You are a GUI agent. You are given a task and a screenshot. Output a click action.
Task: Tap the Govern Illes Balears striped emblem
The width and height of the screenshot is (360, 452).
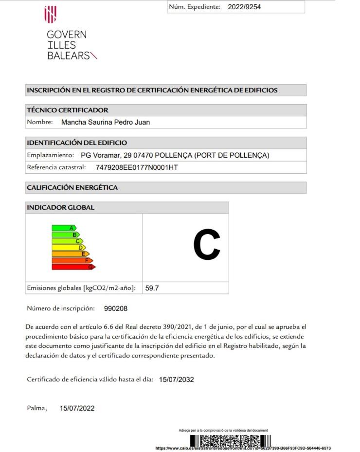(x=50, y=15)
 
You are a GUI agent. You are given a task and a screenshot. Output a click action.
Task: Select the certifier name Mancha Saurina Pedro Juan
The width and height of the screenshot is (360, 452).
(x=106, y=122)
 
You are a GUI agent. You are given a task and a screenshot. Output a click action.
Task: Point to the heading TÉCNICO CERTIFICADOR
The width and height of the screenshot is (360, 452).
(x=68, y=110)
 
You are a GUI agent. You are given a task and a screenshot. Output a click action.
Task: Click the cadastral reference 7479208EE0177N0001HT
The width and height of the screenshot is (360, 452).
(x=137, y=167)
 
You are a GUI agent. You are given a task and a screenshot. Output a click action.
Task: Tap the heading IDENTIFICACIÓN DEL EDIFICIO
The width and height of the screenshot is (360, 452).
(x=77, y=143)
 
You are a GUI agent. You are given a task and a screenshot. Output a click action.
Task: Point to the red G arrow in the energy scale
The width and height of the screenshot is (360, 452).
(x=73, y=267)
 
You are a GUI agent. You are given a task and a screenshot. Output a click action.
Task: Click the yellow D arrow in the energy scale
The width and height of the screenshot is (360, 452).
(x=69, y=247)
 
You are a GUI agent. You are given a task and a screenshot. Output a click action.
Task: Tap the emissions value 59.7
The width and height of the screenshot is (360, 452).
(x=152, y=288)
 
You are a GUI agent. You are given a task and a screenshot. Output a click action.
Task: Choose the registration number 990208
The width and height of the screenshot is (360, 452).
(x=116, y=308)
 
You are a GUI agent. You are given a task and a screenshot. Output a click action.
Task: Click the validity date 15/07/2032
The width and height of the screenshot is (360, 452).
(x=176, y=380)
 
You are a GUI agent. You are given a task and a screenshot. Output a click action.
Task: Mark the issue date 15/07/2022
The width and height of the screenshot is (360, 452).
(x=77, y=408)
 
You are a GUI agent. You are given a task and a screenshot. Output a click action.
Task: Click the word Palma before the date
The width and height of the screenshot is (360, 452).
(x=36, y=408)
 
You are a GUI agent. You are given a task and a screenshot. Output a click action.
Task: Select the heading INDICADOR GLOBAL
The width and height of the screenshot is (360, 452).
(x=60, y=207)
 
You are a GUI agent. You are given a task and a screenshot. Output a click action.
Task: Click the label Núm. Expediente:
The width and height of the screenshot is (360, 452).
(x=195, y=7)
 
